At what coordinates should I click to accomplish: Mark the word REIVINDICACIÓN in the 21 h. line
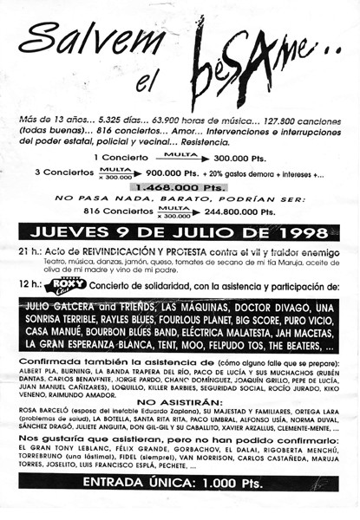click(118, 251)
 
